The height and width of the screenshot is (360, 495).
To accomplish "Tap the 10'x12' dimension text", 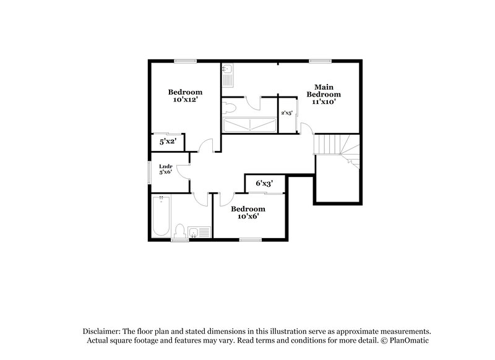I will click(x=185, y=100).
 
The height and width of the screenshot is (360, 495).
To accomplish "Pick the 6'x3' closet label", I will click(x=264, y=184).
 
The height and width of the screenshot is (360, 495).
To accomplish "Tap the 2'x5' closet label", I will click(x=287, y=113).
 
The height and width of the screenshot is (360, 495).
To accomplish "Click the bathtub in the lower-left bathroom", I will click(x=160, y=216).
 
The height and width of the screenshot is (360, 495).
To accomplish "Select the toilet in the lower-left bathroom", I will click(x=180, y=231).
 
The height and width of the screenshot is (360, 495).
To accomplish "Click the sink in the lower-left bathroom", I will click(x=199, y=233).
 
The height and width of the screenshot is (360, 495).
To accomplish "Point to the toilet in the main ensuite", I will click(x=230, y=107).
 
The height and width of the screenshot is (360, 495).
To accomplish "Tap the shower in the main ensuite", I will click(x=249, y=124).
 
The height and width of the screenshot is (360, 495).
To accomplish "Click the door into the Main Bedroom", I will click(x=306, y=128).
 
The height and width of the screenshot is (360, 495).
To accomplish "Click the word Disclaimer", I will click(x=103, y=332).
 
